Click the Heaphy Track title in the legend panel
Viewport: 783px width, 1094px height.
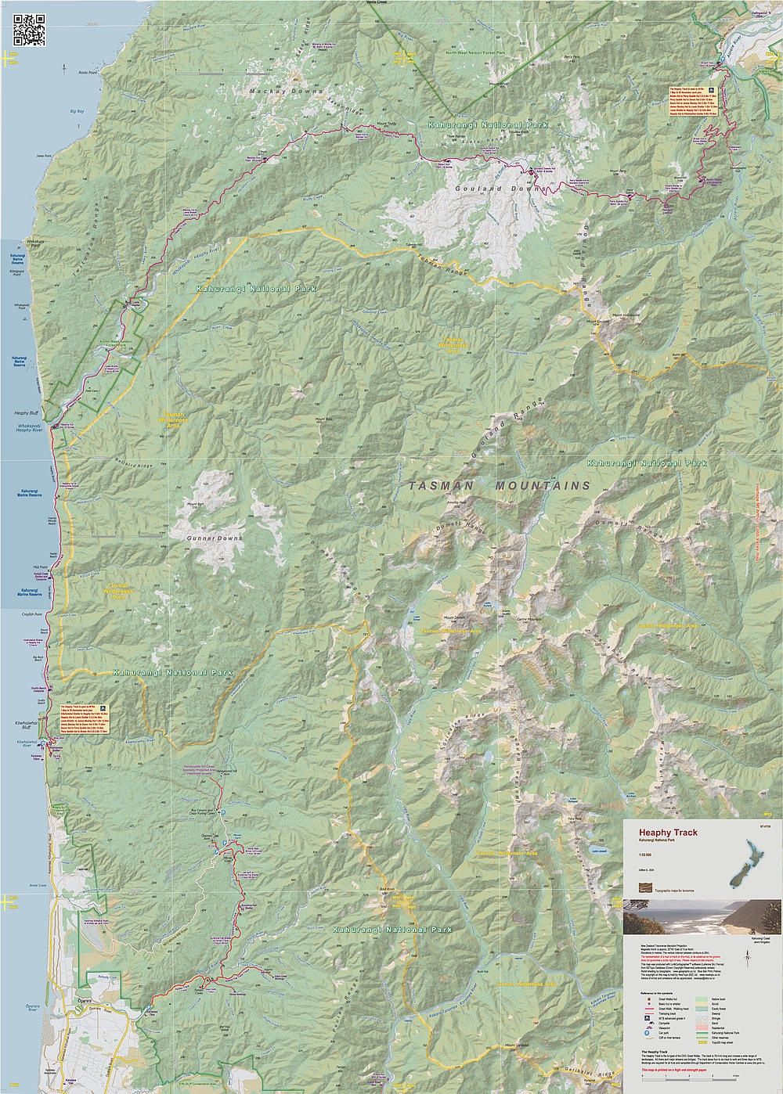[x=662, y=833]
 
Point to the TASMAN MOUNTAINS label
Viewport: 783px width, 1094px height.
[x=499, y=485]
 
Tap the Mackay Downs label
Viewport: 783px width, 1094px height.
[x=286, y=92]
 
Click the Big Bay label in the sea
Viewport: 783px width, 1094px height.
[x=76, y=112]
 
